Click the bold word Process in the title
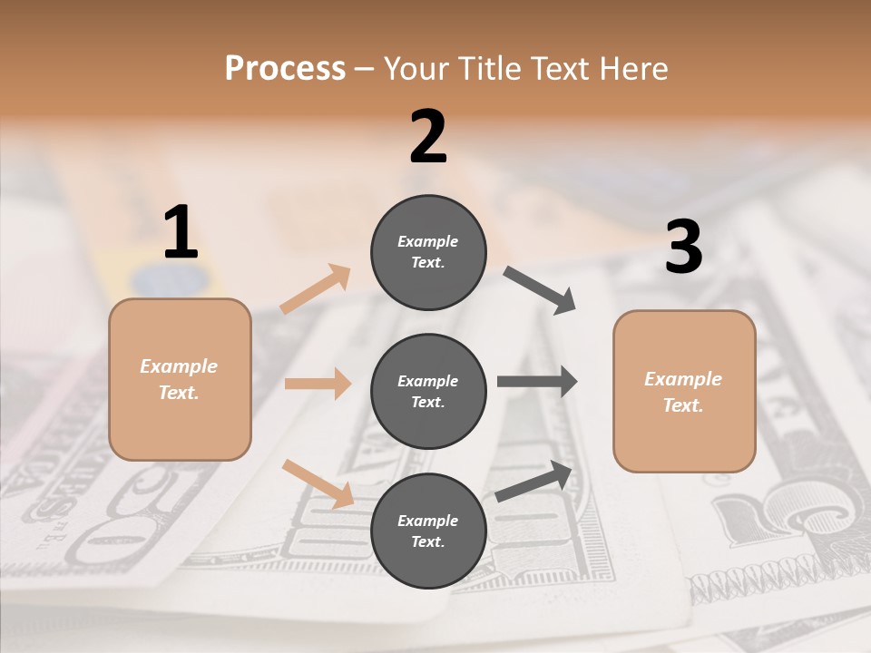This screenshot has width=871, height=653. pyautogui.click(x=285, y=68)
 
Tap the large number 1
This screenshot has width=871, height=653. pyautogui.click(x=181, y=233)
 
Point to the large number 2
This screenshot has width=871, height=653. pyautogui.click(x=428, y=138)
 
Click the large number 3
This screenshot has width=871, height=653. pyautogui.click(x=683, y=248)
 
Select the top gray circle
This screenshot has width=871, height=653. pyautogui.click(x=428, y=252)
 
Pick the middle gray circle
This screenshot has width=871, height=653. pyautogui.click(x=428, y=391)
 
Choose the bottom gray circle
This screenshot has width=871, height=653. pyautogui.click(x=428, y=531)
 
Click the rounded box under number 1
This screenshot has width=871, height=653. pyautogui.click(x=180, y=379)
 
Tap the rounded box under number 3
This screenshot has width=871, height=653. pyautogui.click(x=684, y=392)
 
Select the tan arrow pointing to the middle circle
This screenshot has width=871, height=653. pyautogui.click(x=318, y=384)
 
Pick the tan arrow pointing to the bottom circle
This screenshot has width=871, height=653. pyautogui.click(x=318, y=483)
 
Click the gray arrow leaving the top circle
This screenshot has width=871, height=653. pyautogui.click(x=540, y=290)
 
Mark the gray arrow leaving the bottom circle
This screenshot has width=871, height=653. pyautogui.click(x=534, y=482)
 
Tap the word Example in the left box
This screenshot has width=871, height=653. pyautogui.click(x=179, y=366)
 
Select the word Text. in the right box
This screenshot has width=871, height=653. pyautogui.click(x=683, y=405)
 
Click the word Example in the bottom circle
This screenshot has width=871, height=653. pyautogui.click(x=428, y=521)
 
